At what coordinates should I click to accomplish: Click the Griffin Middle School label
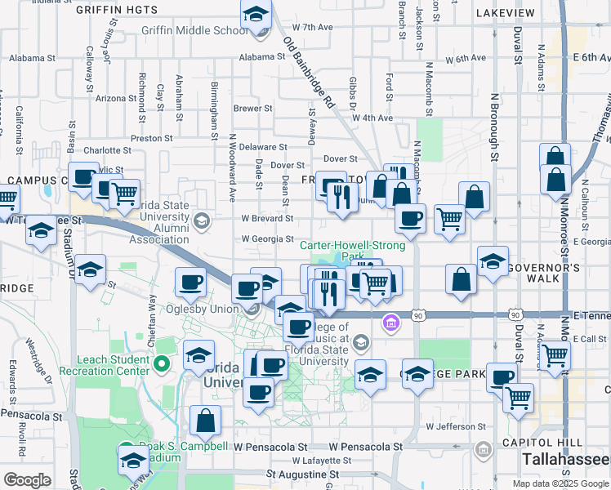[x=194, y=30]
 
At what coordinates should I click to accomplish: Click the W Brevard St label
[x=267, y=218]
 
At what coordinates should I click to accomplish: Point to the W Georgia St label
[x=267, y=239]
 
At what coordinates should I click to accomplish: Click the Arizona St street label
[x=116, y=98]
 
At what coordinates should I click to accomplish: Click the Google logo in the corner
[x=27, y=480]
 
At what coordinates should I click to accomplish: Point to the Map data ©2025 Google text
[x=560, y=483]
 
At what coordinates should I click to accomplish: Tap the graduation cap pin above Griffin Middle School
[x=256, y=15]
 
